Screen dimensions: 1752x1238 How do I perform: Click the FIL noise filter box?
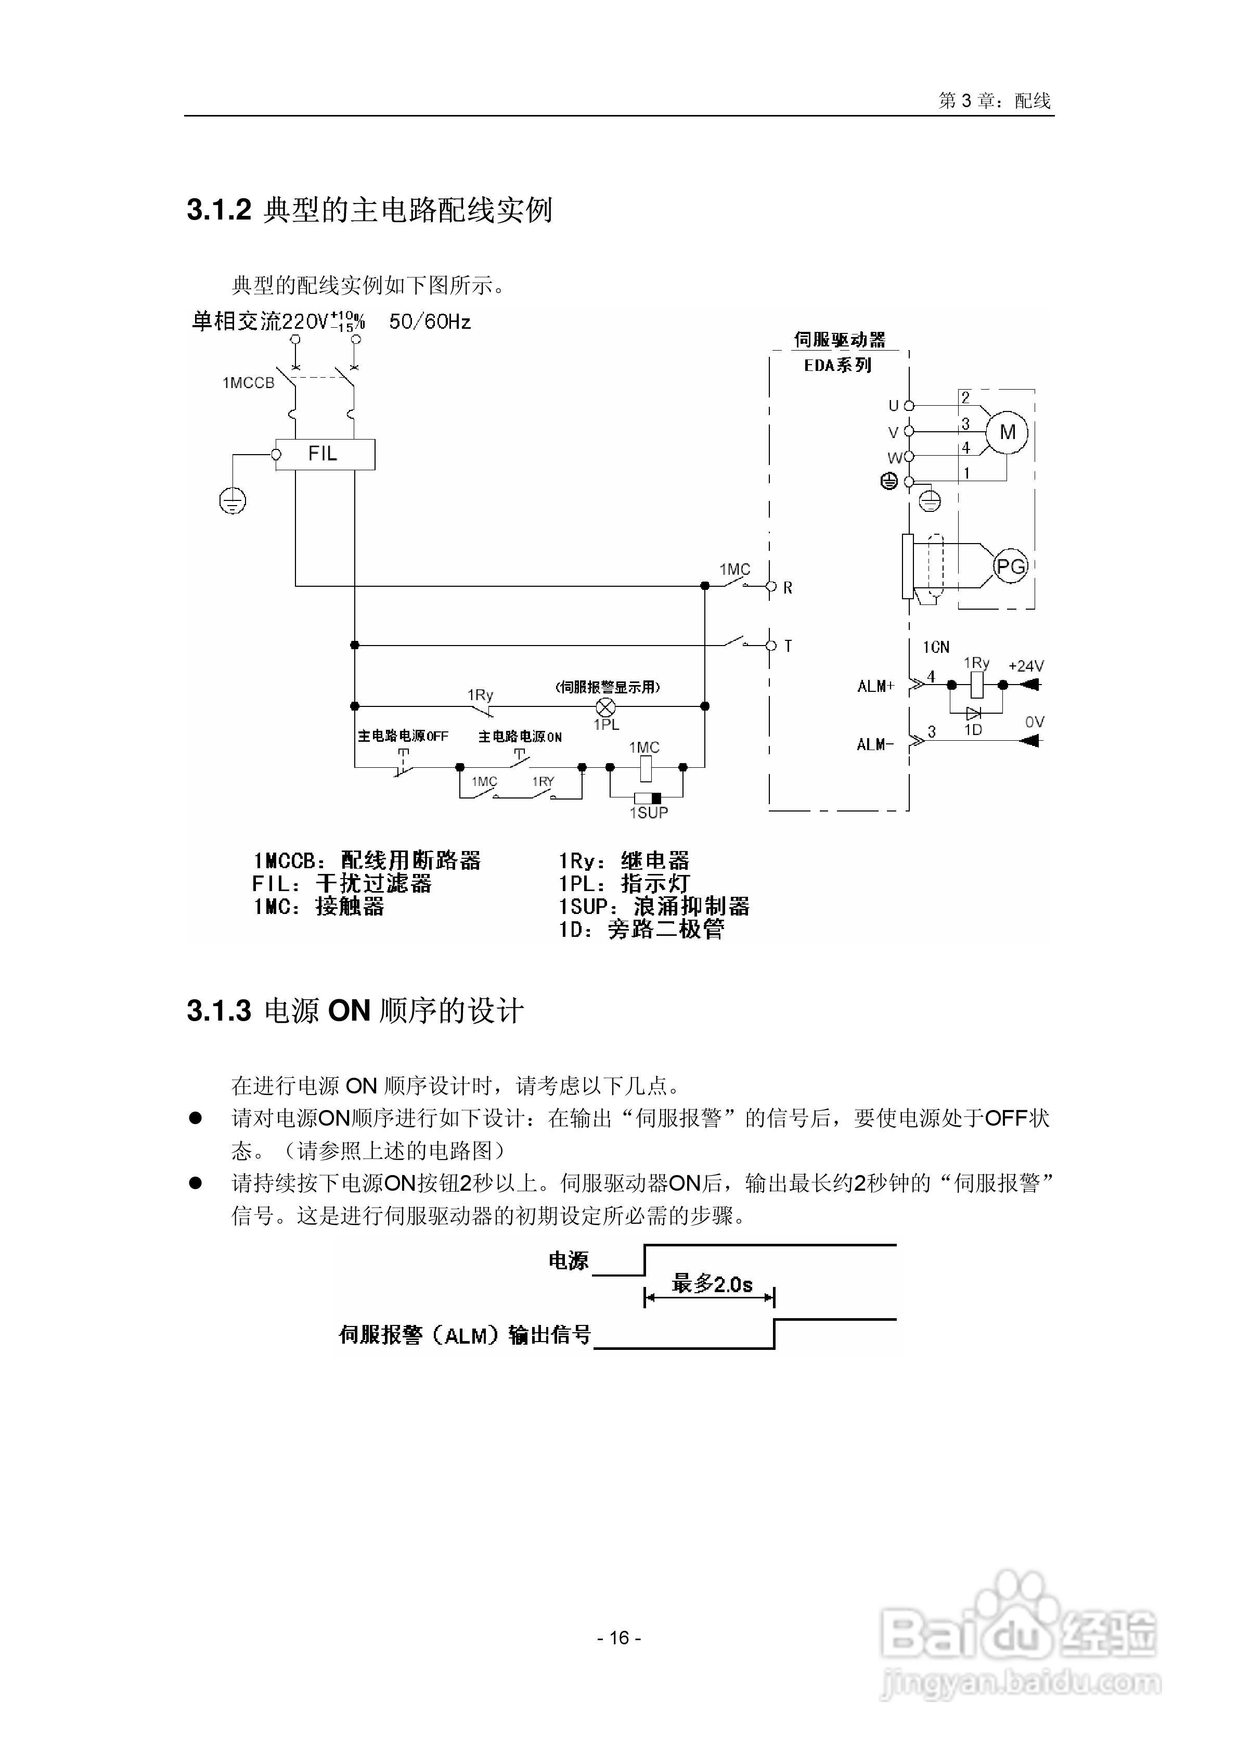click(x=325, y=454)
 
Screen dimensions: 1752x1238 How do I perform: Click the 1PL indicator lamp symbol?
click(x=605, y=706)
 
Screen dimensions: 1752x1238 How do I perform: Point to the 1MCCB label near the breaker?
click(x=248, y=383)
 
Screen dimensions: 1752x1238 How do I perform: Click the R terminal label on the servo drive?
click(x=788, y=588)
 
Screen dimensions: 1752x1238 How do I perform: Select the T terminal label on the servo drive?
click(x=788, y=646)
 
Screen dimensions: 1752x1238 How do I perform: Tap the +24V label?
click(x=1025, y=666)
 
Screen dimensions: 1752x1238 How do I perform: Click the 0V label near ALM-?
click(x=1034, y=722)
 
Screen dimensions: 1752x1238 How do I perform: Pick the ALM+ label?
click(x=875, y=686)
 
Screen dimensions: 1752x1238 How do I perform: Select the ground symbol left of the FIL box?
click(x=233, y=501)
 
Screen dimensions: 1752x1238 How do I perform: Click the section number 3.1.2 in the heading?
click(x=219, y=210)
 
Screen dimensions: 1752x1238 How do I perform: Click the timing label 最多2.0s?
click(x=712, y=1284)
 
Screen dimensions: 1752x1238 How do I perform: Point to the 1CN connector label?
click(x=936, y=647)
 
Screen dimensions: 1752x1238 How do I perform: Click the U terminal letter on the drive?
click(x=893, y=406)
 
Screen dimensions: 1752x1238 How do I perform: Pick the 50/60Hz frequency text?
click(x=430, y=322)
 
